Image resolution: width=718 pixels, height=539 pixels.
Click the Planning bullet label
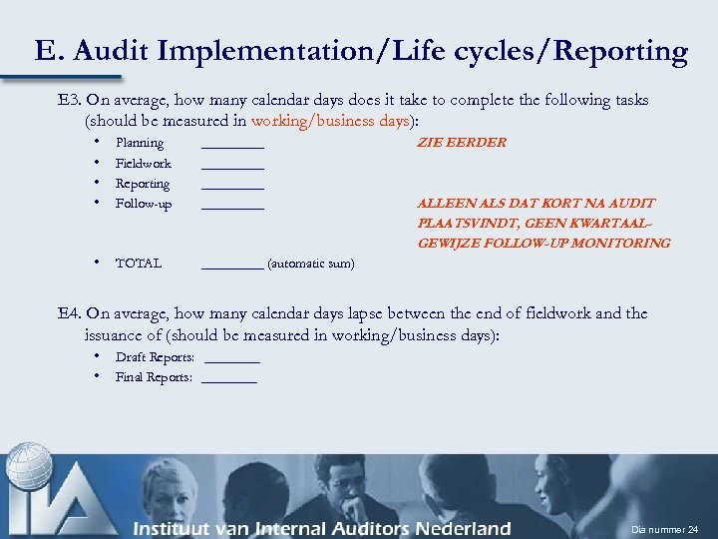click(140, 143)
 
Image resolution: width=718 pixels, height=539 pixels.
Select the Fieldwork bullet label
click(144, 164)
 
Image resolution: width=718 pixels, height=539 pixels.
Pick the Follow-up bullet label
click(144, 204)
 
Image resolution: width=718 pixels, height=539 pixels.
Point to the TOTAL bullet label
click(139, 264)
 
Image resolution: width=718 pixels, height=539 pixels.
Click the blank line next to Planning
click(232, 146)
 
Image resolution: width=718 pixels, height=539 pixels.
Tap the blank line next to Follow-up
click(232, 207)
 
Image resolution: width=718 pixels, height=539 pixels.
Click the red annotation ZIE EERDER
click(461, 143)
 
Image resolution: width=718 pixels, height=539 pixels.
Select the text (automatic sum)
click(310, 264)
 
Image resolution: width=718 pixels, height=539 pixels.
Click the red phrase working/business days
click(331, 121)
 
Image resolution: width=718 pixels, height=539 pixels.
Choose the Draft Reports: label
click(155, 357)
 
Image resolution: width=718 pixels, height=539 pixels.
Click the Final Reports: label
click(154, 377)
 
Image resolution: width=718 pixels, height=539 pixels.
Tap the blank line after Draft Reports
click(230, 360)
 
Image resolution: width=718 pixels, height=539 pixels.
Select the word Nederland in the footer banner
click(460, 528)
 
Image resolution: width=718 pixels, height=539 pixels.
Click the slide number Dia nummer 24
click(664, 528)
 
